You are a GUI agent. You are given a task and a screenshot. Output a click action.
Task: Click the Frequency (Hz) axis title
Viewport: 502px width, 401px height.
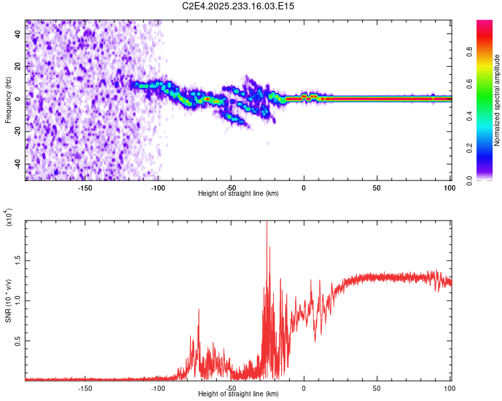coord(9,100)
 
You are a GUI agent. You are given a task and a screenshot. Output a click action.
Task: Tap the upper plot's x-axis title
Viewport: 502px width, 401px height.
coord(238,193)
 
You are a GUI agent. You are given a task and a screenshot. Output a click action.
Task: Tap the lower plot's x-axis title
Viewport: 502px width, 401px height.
coord(238,394)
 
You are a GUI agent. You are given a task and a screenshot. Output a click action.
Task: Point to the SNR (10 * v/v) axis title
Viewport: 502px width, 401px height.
coord(9,301)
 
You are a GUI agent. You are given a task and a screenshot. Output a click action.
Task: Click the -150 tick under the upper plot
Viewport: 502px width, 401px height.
coord(85,188)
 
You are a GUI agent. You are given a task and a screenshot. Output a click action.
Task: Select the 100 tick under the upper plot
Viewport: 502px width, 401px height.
coord(449,188)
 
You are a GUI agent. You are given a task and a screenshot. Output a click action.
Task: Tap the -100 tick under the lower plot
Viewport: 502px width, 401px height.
coord(158,388)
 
